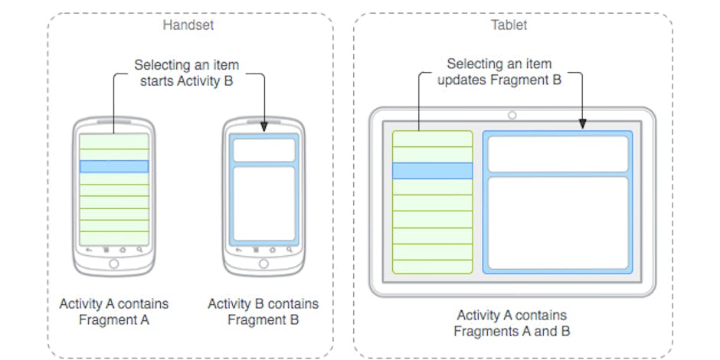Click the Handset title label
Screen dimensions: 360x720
point(188,25)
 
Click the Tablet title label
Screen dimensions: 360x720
point(509,25)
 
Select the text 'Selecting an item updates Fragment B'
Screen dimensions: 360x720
point(499,71)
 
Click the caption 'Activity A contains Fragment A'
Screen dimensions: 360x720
point(114,312)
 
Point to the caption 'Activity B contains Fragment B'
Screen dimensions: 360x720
point(263,312)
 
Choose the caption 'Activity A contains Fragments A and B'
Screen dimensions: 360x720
point(512,323)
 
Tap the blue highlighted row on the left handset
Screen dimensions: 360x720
point(114,166)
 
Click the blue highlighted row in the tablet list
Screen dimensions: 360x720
point(432,170)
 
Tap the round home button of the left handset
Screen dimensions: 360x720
point(114,264)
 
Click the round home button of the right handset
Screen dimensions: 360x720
point(263,264)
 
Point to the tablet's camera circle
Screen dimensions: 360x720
point(512,115)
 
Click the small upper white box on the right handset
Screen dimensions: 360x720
point(263,150)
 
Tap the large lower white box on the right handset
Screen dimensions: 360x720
point(263,203)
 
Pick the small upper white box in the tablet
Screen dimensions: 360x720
point(558,154)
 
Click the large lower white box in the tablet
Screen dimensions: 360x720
point(558,223)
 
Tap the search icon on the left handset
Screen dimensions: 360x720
point(139,250)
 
